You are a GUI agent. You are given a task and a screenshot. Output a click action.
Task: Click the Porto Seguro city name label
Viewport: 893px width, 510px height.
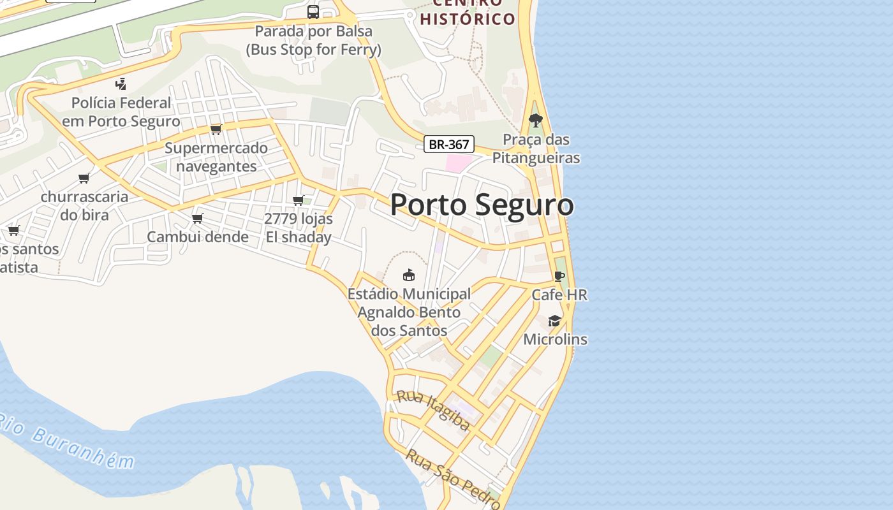click(x=482, y=205)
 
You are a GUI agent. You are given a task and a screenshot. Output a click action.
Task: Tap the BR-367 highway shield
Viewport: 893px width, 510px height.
click(x=449, y=144)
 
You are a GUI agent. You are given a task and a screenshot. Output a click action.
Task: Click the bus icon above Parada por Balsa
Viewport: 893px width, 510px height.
click(x=313, y=11)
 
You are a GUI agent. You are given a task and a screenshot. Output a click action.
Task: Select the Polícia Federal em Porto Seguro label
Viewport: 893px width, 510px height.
click(x=121, y=112)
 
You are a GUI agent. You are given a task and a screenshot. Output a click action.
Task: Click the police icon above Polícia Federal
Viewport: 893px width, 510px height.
click(x=121, y=84)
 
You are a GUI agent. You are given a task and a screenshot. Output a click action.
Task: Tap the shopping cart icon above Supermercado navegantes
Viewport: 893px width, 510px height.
click(x=216, y=129)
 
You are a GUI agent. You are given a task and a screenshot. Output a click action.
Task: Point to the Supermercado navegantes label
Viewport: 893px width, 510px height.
click(x=216, y=157)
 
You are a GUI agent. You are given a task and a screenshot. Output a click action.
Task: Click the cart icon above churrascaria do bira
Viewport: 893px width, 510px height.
click(x=84, y=178)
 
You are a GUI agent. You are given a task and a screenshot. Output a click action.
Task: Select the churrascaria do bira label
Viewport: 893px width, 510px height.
click(x=84, y=205)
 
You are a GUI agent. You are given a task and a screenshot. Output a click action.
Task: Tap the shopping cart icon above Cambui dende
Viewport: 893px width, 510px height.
click(x=198, y=218)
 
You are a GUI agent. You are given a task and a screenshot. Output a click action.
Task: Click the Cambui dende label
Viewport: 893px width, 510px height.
click(x=198, y=237)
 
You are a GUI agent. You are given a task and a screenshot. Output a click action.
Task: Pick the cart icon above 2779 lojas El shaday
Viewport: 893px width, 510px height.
click(x=298, y=200)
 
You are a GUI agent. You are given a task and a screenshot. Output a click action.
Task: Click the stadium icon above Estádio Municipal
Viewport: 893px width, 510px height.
click(x=409, y=275)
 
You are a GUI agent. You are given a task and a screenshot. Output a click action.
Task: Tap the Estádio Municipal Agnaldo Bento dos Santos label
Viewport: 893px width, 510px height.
click(x=409, y=312)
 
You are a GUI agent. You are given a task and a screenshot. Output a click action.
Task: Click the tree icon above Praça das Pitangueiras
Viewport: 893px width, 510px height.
click(x=536, y=120)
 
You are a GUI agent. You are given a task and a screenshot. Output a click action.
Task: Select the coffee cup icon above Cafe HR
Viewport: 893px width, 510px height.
click(x=559, y=276)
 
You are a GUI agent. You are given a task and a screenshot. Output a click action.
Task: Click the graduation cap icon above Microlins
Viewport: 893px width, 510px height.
click(x=555, y=321)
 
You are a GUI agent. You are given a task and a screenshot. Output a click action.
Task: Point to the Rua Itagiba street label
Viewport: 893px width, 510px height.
click(x=433, y=410)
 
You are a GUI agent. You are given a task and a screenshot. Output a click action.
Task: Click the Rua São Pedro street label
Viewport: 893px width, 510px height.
click(x=453, y=478)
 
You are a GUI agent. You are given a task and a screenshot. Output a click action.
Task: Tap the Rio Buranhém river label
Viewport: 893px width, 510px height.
click(x=67, y=441)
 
